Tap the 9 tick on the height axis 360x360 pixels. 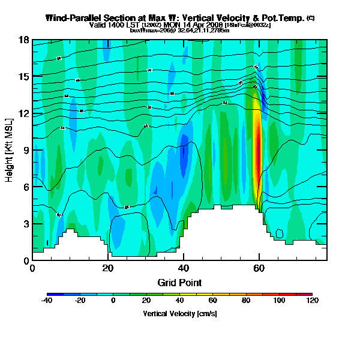tap(27, 150)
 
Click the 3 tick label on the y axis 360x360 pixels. tap(27, 224)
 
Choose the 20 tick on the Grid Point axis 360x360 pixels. tap(108, 268)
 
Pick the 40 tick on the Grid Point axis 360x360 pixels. tap(184, 268)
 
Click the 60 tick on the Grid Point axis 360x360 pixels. tap(259, 268)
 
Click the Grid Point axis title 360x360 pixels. tap(179, 282)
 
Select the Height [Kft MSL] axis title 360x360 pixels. tap(10, 150)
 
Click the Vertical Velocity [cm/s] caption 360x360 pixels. tap(179, 314)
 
